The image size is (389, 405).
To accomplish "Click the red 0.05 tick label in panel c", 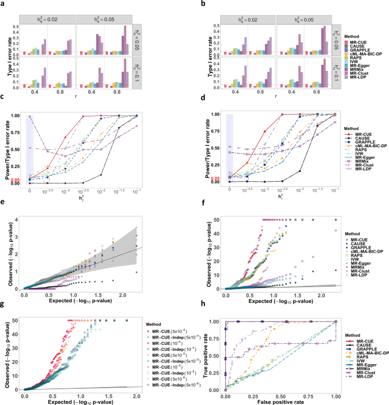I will pos(15,178).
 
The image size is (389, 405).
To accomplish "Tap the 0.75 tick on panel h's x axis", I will pos(309,394).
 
